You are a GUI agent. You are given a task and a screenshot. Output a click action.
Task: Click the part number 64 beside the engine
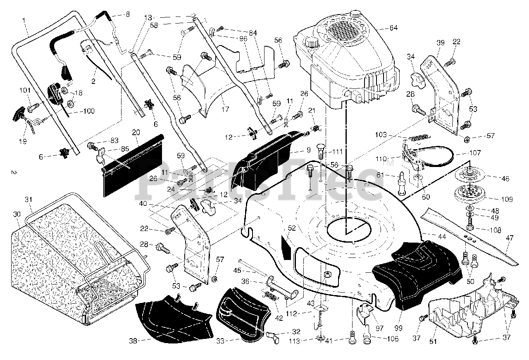(393, 28)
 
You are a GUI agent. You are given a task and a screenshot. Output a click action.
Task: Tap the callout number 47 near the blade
(510, 238)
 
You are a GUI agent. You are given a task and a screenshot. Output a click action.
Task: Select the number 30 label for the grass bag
(17, 214)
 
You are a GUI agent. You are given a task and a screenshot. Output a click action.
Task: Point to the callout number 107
(475, 153)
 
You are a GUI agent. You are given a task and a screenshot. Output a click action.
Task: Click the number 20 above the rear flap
(136, 132)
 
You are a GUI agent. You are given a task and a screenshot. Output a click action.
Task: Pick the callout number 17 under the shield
(225, 109)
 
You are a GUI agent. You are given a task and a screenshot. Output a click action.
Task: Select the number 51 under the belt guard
(433, 341)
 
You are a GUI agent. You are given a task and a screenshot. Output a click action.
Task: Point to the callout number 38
(133, 341)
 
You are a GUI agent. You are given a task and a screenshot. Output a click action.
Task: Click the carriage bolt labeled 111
(320, 151)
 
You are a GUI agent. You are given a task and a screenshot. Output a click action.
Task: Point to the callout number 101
(25, 90)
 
